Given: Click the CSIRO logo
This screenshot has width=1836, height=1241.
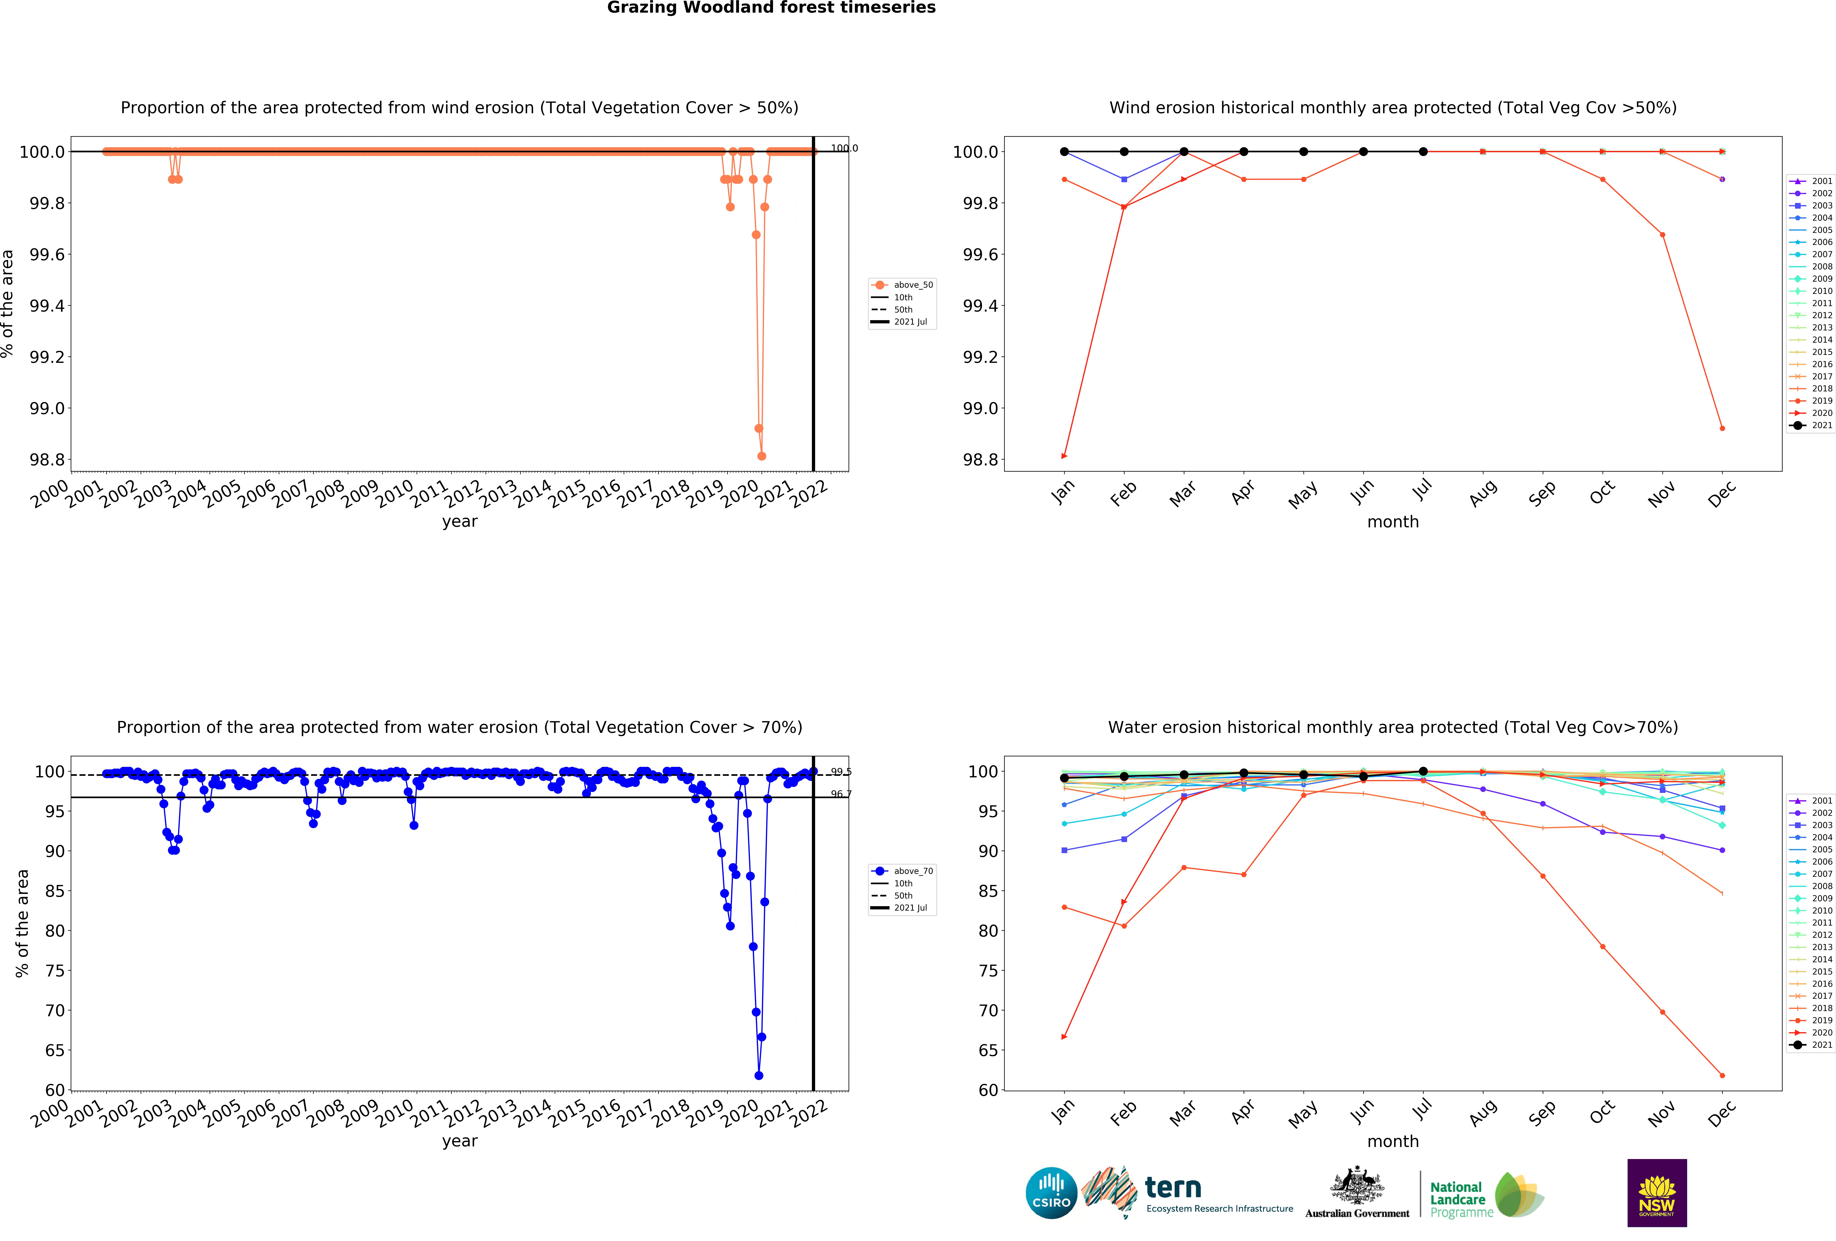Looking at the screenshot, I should point(1051,1193).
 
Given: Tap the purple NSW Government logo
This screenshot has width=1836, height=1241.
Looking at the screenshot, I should point(1657,1193).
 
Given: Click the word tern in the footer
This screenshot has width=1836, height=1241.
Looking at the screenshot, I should point(1173,1187).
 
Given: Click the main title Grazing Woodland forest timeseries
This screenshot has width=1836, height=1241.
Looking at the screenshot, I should point(771,8).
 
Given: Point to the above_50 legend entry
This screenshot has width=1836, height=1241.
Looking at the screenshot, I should point(912,285).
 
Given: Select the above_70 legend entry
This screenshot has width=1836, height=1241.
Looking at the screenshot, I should point(912,871).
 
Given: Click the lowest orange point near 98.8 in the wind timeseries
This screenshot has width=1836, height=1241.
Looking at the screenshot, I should point(762,456).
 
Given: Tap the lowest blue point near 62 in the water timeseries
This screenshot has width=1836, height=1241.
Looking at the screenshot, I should point(758,1075).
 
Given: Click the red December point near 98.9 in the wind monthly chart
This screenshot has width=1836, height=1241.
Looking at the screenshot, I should point(1722,428).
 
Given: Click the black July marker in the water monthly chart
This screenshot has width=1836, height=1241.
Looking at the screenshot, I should point(1423,771).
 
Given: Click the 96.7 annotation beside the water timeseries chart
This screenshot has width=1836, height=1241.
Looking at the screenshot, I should point(841,794).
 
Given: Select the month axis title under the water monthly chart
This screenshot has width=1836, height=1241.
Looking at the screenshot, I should point(1393,1142).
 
